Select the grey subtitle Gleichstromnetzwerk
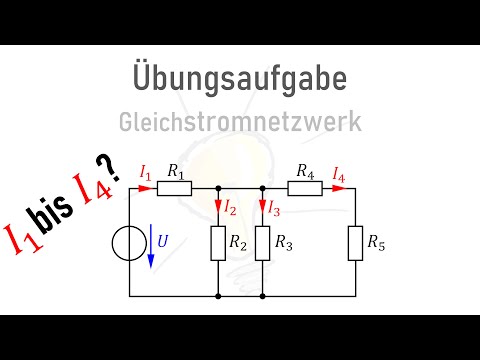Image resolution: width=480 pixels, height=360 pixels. pyautogui.click(x=240, y=122)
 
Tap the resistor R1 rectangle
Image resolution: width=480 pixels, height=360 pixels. pyautogui.click(x=176, y=187)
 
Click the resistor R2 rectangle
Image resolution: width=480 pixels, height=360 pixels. pyautogui.click(x=217, y=243)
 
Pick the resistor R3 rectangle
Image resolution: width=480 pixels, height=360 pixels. pyautogui.click(x=260, y=243)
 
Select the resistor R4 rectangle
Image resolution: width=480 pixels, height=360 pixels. pyautogui.click(x=304, y=187)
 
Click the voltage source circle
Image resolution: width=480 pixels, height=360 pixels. pyautogui.click(x=131, y=243)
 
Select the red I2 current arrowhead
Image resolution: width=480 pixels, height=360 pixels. pyautogui.click(x=217, y=209)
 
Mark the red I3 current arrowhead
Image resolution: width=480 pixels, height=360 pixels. pyautogui.click(x=260, y=209)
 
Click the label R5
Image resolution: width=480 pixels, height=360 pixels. pyautogui.click(x=375, y=243)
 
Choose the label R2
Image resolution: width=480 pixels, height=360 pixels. pyautogui.click(x=237, y=243)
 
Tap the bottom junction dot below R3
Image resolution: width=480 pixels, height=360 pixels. pyautogui.click(x=260, y=297)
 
